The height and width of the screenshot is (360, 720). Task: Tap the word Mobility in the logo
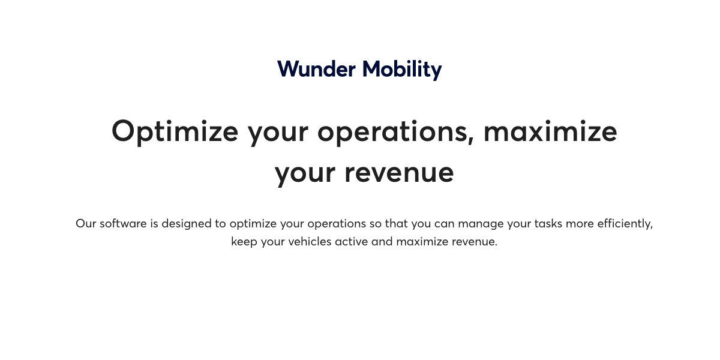(x=402, y=70)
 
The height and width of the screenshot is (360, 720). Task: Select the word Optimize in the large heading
(x=175, y=131)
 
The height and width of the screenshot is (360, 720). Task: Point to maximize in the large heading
(x=550, y=131)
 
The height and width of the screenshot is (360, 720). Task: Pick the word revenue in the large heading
(x=398, y=173)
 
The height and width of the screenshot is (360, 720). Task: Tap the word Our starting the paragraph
(x=86, y=224)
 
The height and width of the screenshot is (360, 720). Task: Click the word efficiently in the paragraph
(x=625, y=224)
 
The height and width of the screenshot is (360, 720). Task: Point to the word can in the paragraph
(x=445, y=224)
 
